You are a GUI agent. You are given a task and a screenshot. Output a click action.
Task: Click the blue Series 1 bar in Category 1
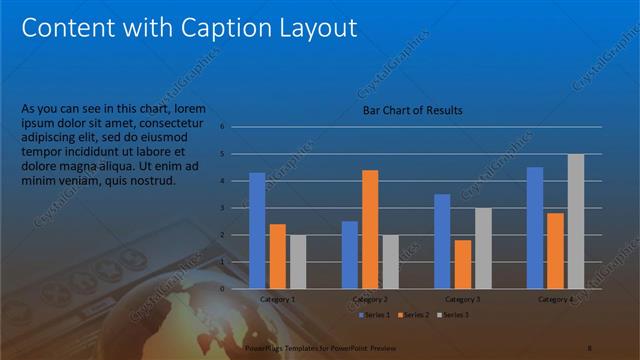257,230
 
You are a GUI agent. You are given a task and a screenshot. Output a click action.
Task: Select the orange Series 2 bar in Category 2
370,229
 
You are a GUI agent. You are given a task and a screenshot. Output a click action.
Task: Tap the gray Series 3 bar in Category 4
576,221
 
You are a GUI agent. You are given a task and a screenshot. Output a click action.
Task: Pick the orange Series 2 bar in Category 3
463,264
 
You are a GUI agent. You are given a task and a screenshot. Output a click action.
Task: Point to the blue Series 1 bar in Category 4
535,227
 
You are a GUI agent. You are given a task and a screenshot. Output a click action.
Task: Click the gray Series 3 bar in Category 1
298,261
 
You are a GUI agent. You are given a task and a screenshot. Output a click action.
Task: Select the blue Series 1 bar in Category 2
350,254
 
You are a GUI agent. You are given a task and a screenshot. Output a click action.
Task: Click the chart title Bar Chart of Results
412,110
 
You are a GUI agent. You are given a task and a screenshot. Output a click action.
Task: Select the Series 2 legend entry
413,315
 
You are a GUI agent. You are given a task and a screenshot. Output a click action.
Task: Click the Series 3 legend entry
453,315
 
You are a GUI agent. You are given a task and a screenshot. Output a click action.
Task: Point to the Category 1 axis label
277,299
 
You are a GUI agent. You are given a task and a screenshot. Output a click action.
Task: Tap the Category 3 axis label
463,299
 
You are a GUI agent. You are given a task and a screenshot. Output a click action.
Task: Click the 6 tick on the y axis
236,127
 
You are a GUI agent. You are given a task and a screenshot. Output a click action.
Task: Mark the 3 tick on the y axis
236,208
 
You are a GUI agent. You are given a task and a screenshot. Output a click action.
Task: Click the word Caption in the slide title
224,28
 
